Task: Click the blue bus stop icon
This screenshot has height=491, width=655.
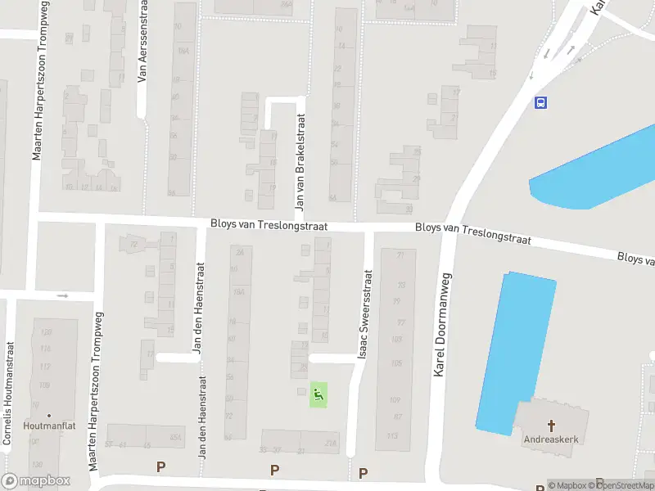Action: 540,103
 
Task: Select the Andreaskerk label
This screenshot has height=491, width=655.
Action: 551,439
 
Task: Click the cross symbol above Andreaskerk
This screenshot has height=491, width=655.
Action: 551,426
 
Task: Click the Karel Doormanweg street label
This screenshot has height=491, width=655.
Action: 444,326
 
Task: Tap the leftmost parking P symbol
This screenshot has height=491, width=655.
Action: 160,466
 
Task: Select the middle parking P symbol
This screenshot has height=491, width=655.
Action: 274,470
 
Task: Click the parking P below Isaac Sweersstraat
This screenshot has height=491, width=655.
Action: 363,472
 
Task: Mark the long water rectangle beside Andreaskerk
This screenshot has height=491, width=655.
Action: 516,352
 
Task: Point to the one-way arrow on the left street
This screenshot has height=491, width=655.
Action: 62,295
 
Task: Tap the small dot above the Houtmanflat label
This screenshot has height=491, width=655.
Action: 48,416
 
